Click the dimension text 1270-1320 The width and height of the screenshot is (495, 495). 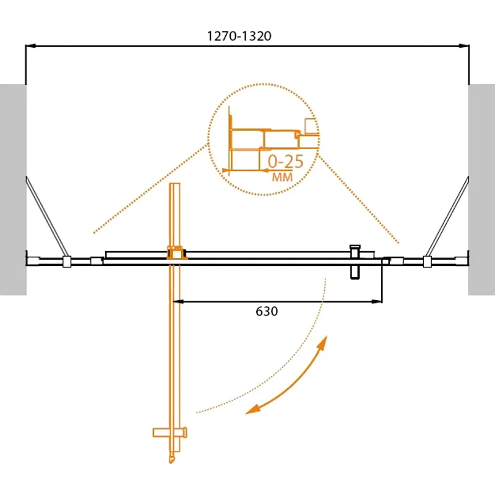point(239,36)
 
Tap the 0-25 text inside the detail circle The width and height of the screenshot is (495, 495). point(285,161)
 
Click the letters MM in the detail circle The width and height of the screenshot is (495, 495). point(282,178)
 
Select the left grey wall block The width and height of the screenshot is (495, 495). point(12,189)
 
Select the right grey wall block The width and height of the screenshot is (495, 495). point(481,189)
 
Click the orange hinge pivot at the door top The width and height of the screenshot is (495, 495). point(176,252)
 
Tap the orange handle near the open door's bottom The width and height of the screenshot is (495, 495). point(170,433)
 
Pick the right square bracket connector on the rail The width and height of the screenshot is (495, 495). point(426,262)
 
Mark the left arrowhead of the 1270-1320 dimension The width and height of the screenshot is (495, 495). point(30,46)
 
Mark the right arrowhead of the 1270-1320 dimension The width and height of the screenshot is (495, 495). point(465,46)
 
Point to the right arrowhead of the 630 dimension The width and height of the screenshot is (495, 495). point(377,301)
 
